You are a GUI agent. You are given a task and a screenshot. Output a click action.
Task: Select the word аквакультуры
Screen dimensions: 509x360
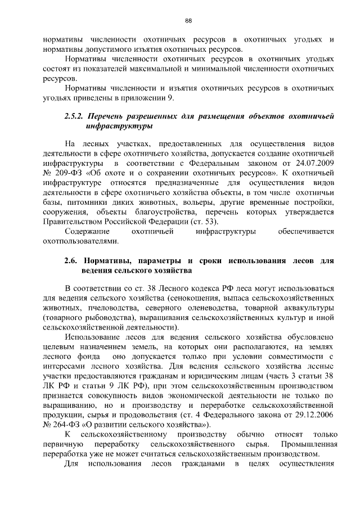click(x=307, y=308)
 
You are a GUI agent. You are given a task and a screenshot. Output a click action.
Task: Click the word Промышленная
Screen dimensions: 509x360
click(x=308, y=444)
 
